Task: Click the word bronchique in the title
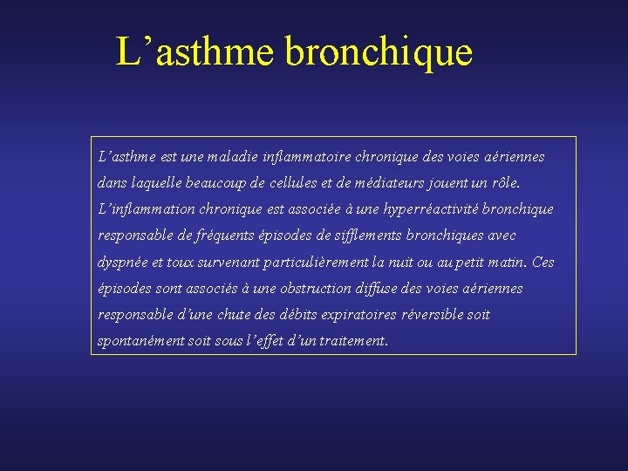pos(378,52)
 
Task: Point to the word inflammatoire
pos(303,157)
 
